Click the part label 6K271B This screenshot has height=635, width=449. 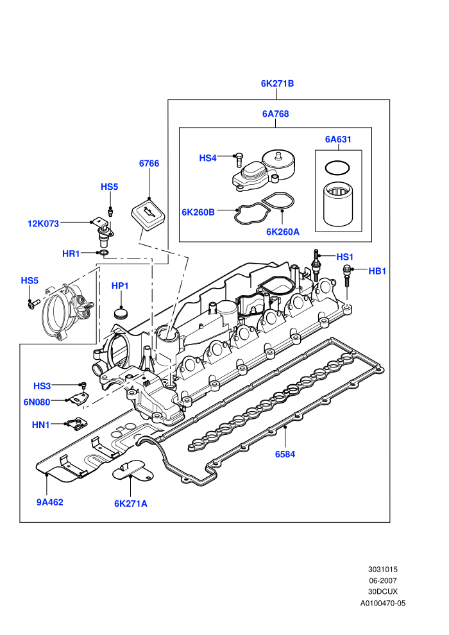coord(277,83)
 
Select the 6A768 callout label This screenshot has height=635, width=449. coord(275,114)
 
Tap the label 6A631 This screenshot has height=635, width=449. coord(338,139)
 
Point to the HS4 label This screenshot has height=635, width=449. coord(208,158)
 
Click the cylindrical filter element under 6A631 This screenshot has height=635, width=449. coord(338,204)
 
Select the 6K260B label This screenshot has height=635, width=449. coord(198,212)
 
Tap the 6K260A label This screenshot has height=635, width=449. coord(283,232)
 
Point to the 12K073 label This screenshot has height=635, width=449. coord(44,224)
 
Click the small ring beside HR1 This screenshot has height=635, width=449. coord(105,253)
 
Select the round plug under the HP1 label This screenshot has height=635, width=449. coord(120,313)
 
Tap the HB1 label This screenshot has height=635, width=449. coord(377,271)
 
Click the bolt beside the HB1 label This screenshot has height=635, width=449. coord(346,276)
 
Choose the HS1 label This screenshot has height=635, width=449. coord(345,257)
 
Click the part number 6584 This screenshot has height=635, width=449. coord(285,454)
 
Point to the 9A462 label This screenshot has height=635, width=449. coord(50,502)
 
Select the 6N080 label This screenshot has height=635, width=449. coord(37,402)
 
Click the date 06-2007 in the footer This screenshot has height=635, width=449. coord(382,580)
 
